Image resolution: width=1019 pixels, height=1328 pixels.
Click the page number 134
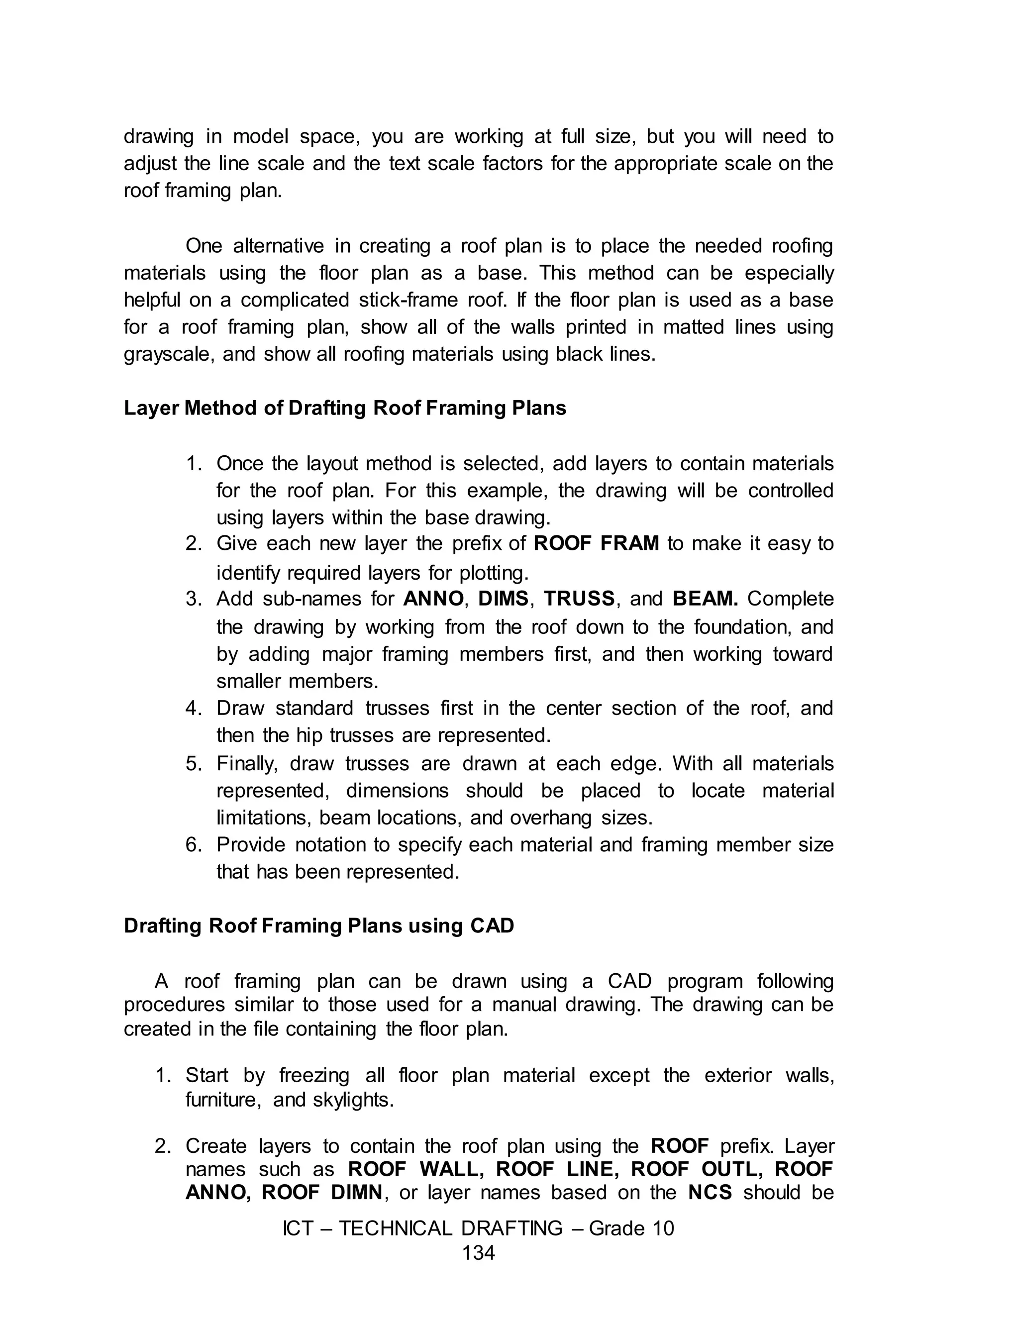point(479,1253)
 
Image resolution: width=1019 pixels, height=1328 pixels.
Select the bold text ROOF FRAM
point(596,543)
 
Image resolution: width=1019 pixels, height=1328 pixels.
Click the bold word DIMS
point(503,599)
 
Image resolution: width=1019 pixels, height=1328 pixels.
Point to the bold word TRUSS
point(579,599)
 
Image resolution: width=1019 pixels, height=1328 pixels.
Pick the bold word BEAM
point(705,599)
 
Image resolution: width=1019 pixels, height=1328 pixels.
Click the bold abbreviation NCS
point(711,1192)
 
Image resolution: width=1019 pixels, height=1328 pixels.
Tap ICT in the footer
point(298,1228)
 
